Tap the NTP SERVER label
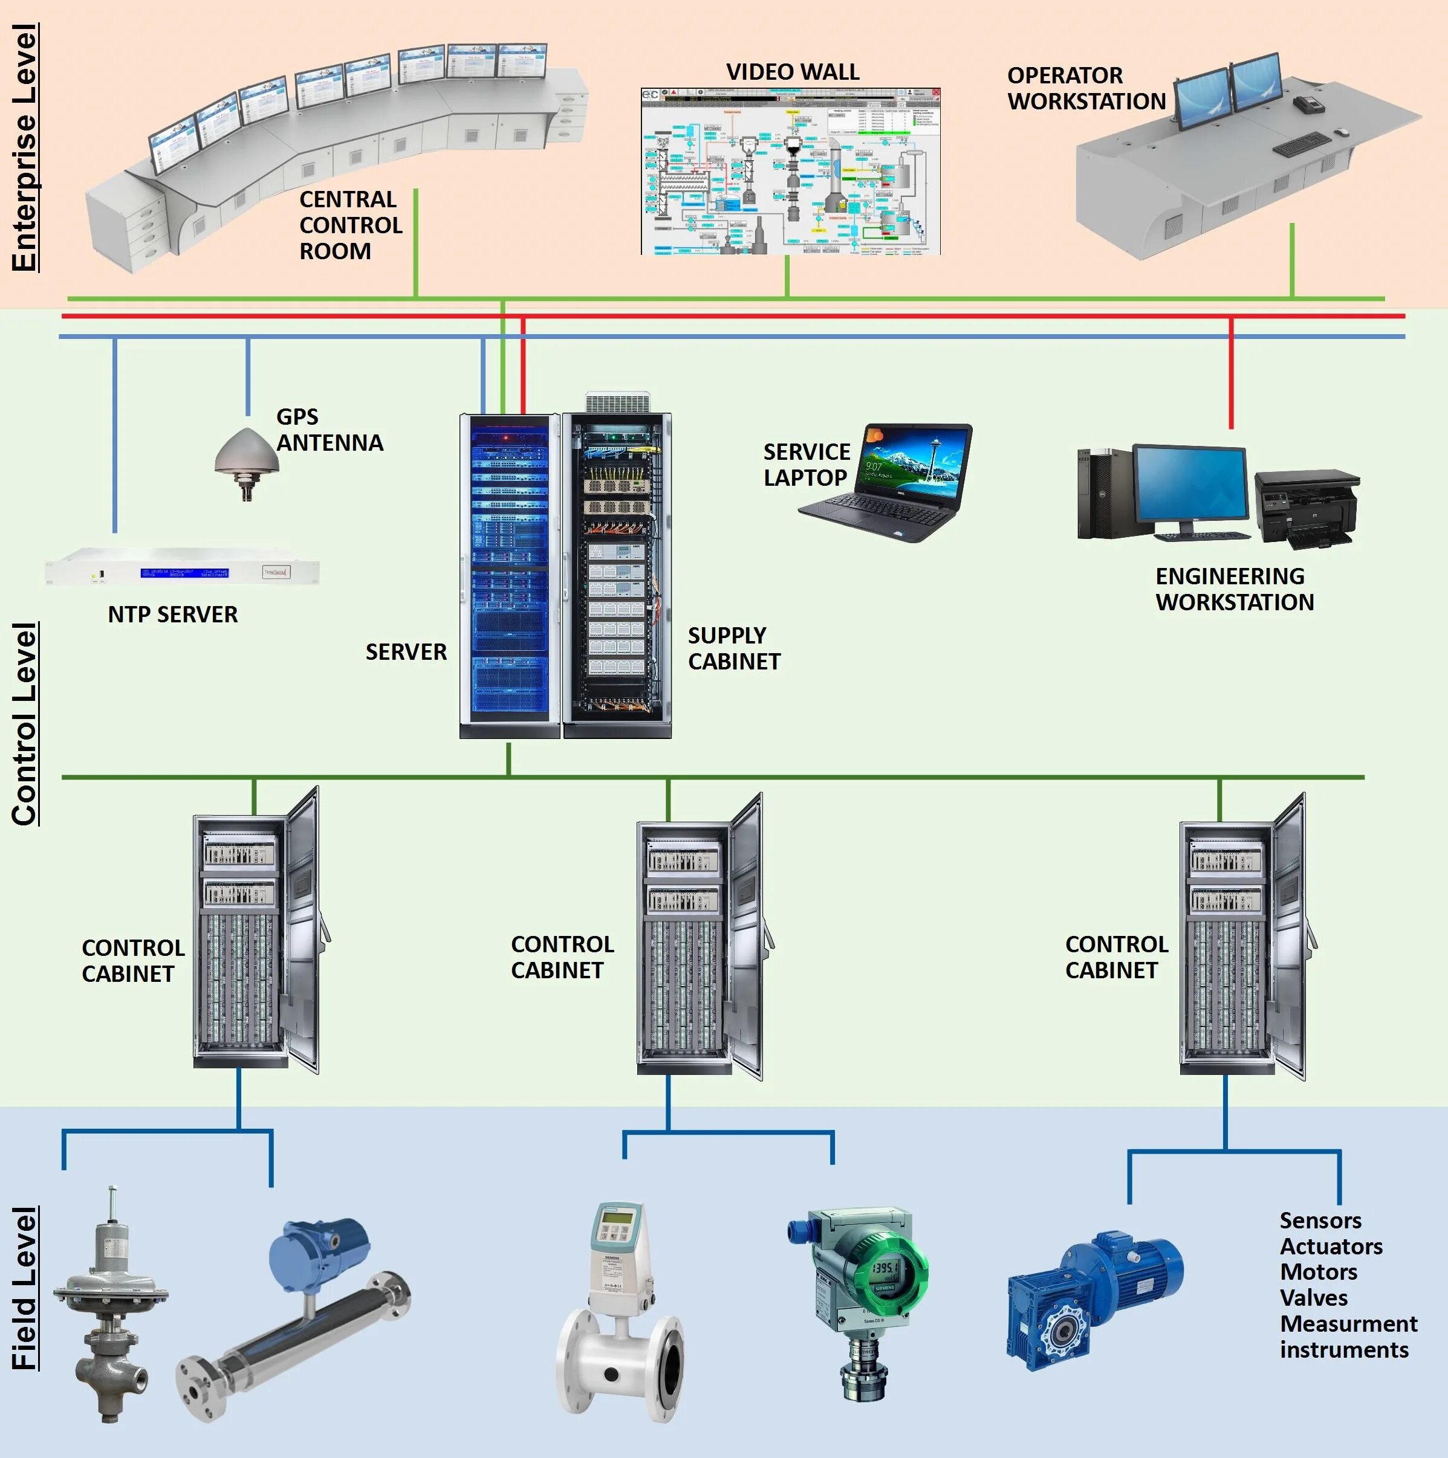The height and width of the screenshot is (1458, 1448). (x=172, y=614)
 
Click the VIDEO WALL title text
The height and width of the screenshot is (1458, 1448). (x=792, y=72)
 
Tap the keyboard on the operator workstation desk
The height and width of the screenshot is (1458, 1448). (x=1299, y=143)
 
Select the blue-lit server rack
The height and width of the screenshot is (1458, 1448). (x=509, y=573)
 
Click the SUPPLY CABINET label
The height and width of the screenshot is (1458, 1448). (x=733, y=648)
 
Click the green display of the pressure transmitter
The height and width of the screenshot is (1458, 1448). (x=884, y=1268)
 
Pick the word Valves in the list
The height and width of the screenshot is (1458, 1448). (x=1314, y=1298)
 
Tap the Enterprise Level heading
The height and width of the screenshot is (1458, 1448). (x=25, y=147)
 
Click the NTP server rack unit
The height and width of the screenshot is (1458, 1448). (x=182, y=573)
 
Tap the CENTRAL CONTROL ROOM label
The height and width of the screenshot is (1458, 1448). (x=350, y=225)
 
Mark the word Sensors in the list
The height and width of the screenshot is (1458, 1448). (x=1320, y=1221)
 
